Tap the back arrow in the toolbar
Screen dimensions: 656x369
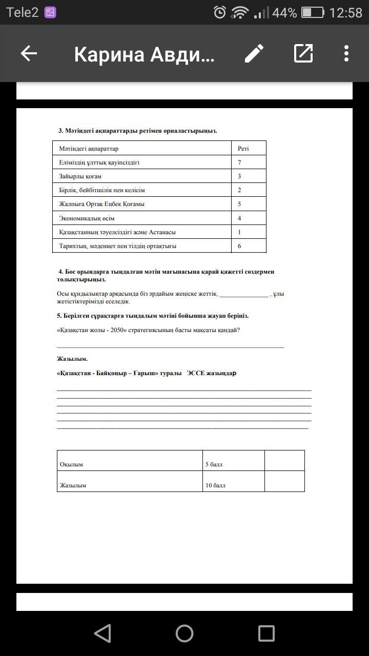(29, 53)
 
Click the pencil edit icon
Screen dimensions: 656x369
(254, 53)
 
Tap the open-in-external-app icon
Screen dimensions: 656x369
(303, 53)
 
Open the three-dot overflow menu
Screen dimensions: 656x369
(346, 53)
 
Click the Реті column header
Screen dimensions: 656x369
(243, 149)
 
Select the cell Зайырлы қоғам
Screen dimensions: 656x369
(80, 176)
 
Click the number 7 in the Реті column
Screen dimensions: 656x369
(239, 162)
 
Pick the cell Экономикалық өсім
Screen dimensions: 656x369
(87, 218)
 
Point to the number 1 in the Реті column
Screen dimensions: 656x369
(239, 232)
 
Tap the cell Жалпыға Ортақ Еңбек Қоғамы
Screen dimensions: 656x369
(102, 204)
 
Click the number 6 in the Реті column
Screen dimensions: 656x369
(239, 246)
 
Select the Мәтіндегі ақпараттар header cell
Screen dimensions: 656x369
(89, 149)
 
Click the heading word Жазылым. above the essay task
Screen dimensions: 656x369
(72, 359)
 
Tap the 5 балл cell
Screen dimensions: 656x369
(214, 464)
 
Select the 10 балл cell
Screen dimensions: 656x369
(216, 485)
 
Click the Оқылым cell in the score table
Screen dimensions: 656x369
(72, 464)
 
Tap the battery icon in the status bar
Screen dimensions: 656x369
(313, 12)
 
